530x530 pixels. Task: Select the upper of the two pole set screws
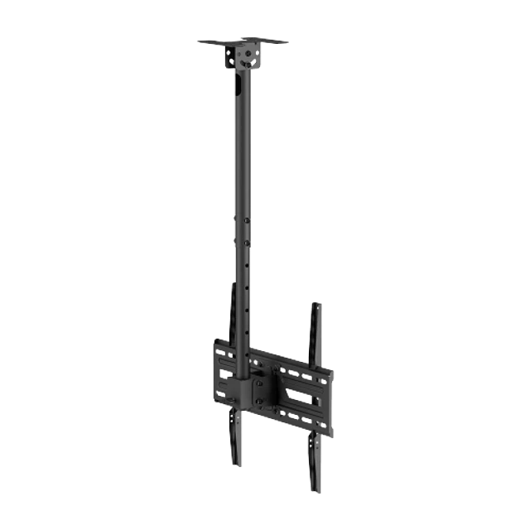pos(246,219)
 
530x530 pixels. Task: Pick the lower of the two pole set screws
pos(247,242)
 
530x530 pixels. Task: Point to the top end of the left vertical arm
pos(229,283)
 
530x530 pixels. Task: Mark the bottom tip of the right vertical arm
pos(318,489)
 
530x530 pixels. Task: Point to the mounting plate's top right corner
pos(335,370)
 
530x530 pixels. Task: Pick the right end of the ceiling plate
pos(288,42)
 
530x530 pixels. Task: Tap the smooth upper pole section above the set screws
pos(240,149)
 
